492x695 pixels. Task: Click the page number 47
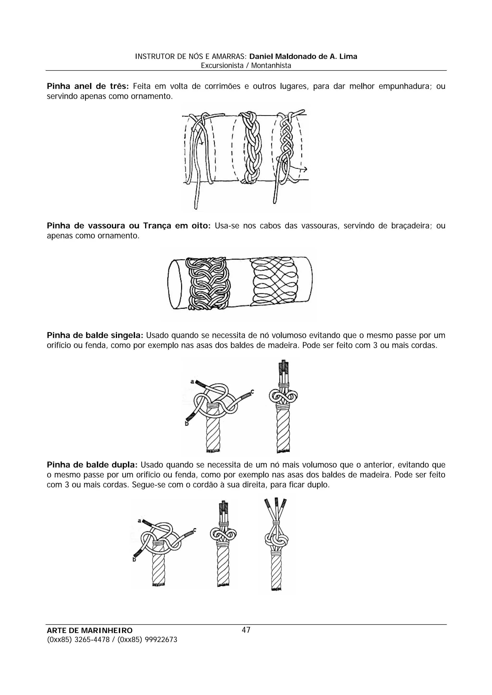(246, 630)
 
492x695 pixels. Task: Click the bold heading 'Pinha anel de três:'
(88, 86)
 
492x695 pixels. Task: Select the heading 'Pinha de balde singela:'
(95, 336)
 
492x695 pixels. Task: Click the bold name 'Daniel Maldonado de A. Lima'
(303, 56)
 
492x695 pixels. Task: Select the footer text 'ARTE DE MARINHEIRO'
(90, 630)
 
